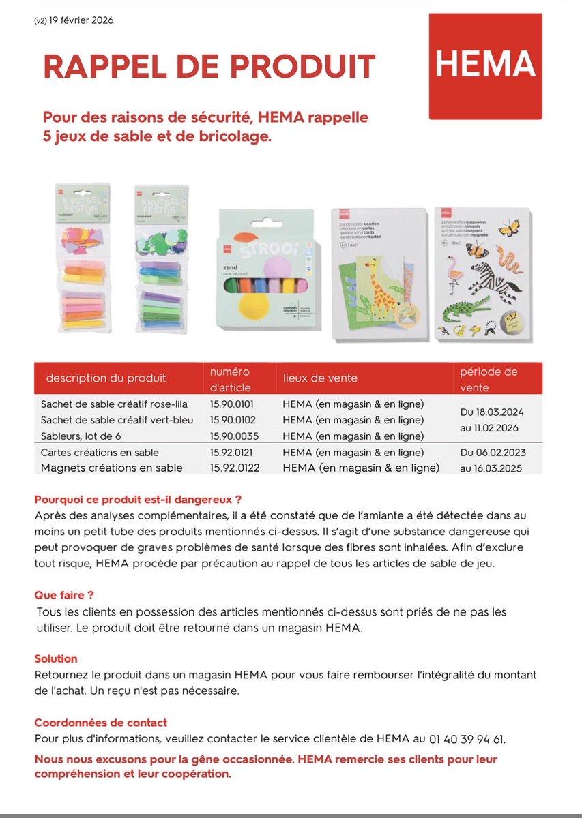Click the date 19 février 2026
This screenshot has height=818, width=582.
pyautogui.click(x=81, y=20)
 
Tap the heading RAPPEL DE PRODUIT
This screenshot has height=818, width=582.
pyautogui.click(x=209, y=66)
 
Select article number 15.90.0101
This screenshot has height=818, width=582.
pyautogui.click(x=232, y=404)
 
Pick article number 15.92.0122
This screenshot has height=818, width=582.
pyautogui.click(x=236, y=468)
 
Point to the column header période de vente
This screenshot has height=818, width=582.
pyautogui.click(x=489, y=379)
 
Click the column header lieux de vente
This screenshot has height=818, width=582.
pyautogui.click(x=320, y=378)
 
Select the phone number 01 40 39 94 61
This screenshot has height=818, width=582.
pyautogui.click(x=467, y=739)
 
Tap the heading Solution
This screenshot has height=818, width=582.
pyautogui.click(x=56, y=658)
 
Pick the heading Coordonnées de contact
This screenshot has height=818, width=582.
pyautogui.click(x=101, y=723)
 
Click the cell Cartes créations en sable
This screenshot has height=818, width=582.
pyautogui.click(x=100, y=452)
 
